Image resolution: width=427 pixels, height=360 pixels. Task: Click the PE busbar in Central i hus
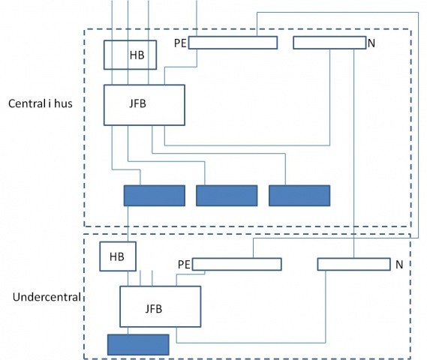coord(233,43)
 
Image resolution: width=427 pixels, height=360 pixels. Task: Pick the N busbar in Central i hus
coord(329,43)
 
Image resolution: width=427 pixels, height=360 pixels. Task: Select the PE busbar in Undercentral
coord(237,264)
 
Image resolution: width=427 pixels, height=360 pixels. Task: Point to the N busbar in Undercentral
coord(353,264)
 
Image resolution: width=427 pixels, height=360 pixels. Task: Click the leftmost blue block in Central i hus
coord(155,196)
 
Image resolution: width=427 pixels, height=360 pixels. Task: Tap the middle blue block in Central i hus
coord(227,196)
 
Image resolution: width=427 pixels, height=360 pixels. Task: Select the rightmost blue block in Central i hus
coord(299,196)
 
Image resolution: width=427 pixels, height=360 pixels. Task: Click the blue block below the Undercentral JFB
coord(138,345)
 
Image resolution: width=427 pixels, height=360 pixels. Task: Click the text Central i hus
coord(41,103)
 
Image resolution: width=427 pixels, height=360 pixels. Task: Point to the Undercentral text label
coord(47,297)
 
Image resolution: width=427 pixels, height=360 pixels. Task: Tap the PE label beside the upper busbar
coord(180,43)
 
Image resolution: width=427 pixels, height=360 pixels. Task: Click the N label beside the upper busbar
coord(371,43)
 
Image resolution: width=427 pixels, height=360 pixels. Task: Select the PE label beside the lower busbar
coord(184,265)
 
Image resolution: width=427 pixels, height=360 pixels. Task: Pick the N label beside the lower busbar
coord(399,265)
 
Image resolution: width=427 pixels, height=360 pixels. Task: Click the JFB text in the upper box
coord(138,103)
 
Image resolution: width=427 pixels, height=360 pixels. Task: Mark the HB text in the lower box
coord(117,256)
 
